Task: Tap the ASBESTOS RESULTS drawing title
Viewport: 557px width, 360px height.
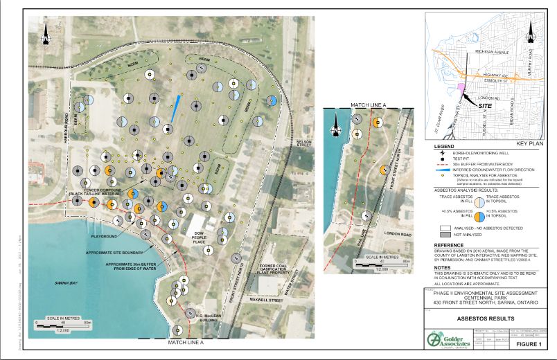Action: (x=488, y=318)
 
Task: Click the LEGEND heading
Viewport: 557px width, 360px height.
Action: (x=443, y=147)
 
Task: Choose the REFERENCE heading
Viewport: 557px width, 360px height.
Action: (x=449, y=245)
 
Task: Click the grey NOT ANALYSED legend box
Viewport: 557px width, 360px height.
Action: (x=445, y=235)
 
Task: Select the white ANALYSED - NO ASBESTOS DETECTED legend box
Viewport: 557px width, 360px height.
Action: (x=445, y=227)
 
